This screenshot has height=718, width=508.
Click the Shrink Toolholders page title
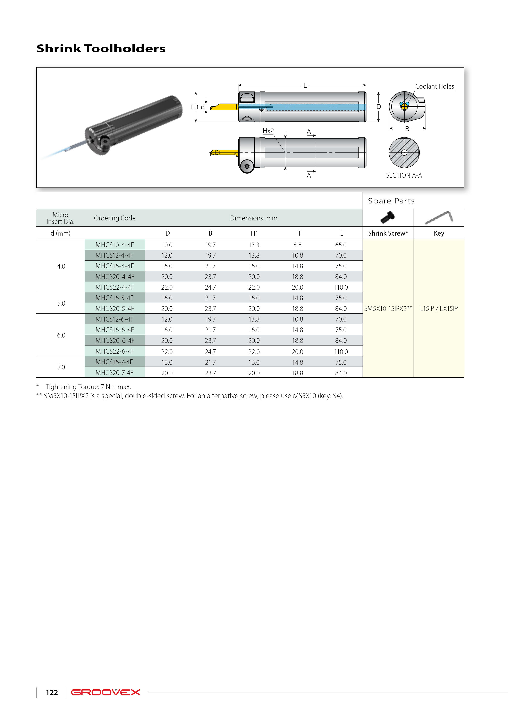click(x=101, y=49)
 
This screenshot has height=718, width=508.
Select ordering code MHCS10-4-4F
click(x=115, y=245)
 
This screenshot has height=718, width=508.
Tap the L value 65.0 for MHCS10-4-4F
click(x=341, y=245)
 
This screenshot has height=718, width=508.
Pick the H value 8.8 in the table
click(x=297, y=245)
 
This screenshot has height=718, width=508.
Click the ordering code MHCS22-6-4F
click(x=115, y=351)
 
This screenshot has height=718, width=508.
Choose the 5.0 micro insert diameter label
click(x=61, y=303)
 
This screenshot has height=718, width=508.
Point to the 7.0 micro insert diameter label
click(x=61, y=367)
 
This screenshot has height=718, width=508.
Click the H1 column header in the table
click(x=254, y=233)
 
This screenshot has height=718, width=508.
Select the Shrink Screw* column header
click(x=388, y=233)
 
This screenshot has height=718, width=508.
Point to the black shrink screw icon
click(x=388, y=217)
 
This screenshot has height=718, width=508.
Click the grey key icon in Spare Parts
click(x=439, y=217)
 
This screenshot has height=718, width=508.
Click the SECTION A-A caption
click(x=404, y=175)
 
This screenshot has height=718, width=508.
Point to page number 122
click(x=52, y=692)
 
